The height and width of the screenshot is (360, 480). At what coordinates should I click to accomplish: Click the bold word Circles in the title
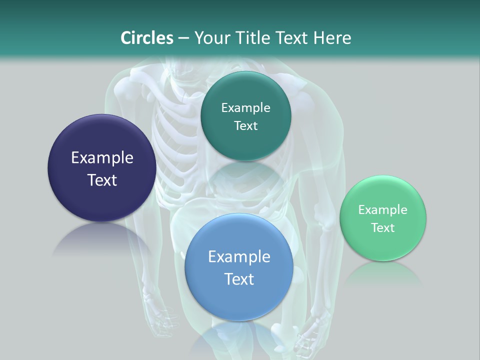pos(147,38)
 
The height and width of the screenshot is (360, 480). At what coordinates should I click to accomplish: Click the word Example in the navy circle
pos(102,158)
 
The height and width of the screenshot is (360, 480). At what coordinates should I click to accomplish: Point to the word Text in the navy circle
pos(102,180)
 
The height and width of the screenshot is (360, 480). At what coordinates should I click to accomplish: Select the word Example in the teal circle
pos(245,108)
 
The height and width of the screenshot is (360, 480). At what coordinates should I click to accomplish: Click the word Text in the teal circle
pos(245,126)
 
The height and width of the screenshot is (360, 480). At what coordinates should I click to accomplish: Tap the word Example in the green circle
pos(383,210)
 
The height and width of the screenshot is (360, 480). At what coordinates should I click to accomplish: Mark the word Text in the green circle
pos(383,228)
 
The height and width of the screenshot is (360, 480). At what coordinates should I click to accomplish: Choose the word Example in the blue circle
pos(239,257)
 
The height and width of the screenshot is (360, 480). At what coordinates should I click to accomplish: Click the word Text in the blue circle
pos(239,279)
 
